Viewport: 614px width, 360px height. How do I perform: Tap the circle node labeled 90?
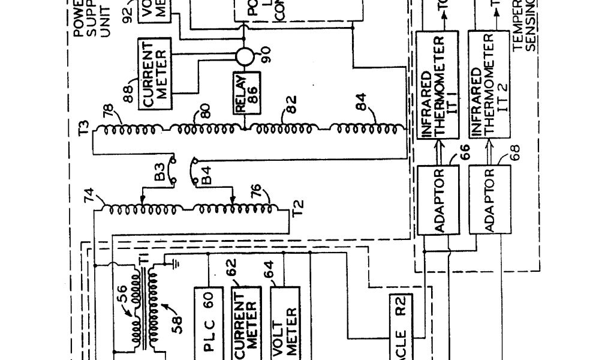(x=245, y=57)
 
